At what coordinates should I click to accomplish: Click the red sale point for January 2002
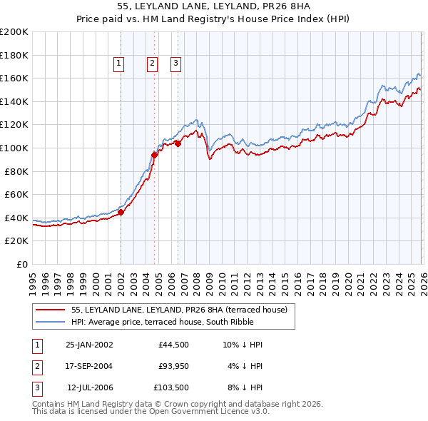tap(121, 212)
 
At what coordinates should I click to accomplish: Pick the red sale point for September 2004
tap(154, 154)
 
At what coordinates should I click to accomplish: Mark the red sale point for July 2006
tap(178, 143)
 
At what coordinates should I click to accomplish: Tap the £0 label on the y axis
tap(21, 264)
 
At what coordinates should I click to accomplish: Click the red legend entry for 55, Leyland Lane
tap(179, 310)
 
